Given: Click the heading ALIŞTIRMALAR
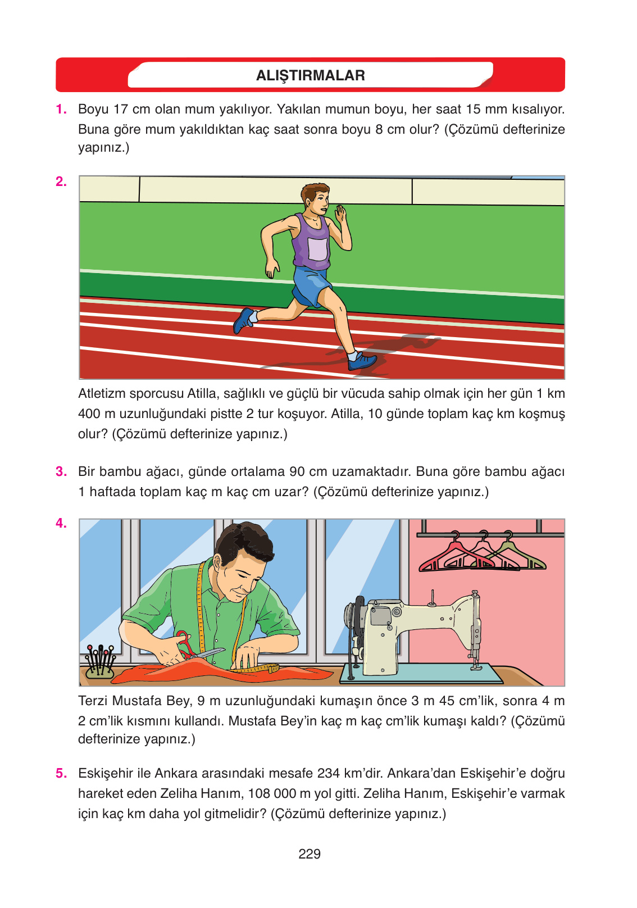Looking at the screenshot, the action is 311,75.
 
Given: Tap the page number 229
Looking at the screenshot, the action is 310,854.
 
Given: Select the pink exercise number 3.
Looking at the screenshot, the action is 61,471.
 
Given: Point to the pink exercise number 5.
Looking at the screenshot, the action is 61,773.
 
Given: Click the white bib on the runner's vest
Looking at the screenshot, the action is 317,249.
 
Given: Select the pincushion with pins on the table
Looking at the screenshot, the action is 99,661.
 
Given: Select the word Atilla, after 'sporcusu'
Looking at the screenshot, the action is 202,393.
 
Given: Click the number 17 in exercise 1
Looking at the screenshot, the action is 120,109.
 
